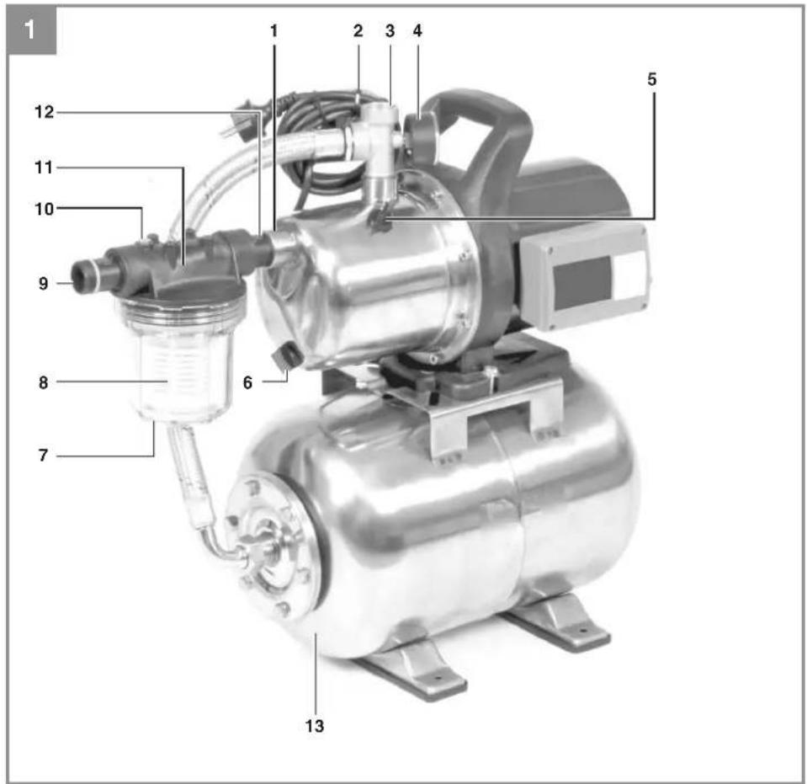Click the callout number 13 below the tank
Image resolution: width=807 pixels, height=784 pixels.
pyautogui.click(x=315, y=726)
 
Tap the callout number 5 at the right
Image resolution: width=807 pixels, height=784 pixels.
pyautogui.click(x=652, y=79)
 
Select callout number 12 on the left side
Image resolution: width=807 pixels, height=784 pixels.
pyautogui.click(x=45, y=112)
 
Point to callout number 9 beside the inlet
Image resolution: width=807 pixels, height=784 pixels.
pyautogui.click(x=43, y=283)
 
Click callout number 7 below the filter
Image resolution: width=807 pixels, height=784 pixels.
pyautogui.click(x=43, y=456)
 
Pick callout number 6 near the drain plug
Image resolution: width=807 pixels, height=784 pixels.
pyautogui.click(x=247, y=382)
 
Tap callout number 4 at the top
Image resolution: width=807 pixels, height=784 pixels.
pyautogui.click(x=417, y=31)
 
